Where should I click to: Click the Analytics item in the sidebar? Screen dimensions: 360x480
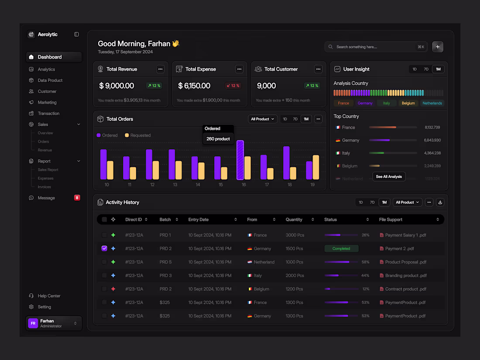point(46,69)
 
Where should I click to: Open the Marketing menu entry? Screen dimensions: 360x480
point(47,103)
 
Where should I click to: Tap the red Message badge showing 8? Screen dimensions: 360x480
point(77,198)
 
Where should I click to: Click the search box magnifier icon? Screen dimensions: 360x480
point(331,47)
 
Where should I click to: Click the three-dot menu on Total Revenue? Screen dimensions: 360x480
point(160,69)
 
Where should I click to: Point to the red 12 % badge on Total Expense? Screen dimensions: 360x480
point(233,86)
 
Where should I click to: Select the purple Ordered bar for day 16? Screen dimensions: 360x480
point(240,160)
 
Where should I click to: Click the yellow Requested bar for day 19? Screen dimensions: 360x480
point(316,168)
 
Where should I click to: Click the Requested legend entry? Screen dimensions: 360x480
point(137,135)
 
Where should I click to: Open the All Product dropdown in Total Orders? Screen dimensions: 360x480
point(263,119)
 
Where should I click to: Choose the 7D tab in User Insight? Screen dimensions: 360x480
point(426,69)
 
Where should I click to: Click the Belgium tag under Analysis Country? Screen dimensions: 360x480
point(408,103)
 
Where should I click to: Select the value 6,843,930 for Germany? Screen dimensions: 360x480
point(432,141)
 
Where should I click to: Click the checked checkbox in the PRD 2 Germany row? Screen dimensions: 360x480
point(104,248)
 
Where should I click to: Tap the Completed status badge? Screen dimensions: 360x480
point(341,249)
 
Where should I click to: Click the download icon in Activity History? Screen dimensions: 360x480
point(440,202)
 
